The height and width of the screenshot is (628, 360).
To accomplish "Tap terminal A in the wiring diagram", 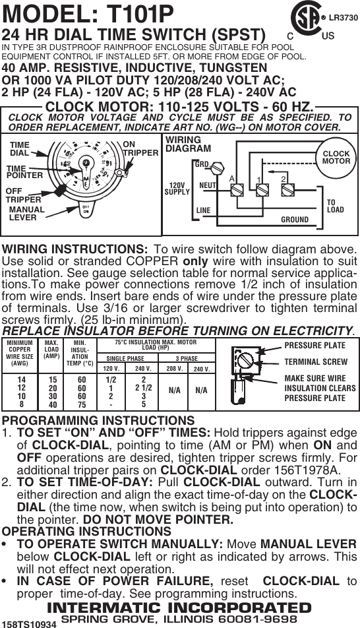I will (x=234, y=189).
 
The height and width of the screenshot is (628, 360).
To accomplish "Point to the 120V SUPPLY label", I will (x=177, y=189).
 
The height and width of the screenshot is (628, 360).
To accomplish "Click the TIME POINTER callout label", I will (x=24, y=172).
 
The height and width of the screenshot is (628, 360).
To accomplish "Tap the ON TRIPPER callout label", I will (x=140, y=148).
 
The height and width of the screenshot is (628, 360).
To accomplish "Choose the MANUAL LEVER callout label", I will (x=27, y=213).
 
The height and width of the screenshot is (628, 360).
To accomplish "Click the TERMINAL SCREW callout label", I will (x=315, y=361).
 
